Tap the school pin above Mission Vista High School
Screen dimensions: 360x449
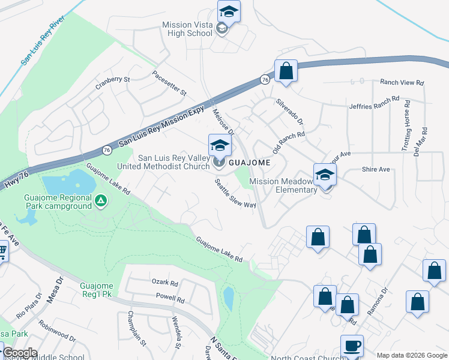tap(228, 11)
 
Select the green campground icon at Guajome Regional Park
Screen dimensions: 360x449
tap(101, 200)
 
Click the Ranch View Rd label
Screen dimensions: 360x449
tap(402, 82)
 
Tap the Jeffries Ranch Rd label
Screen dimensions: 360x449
tap(374, 103)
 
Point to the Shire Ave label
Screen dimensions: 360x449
tap(376, 169)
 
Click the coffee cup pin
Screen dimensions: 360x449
tap(352, 346)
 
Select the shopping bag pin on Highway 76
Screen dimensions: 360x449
tap(286, 71)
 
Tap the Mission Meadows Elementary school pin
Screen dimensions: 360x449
tap(325, 175)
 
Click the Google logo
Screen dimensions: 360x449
tap(20, 353)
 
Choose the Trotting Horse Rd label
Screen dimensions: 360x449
tap(408, 130)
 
